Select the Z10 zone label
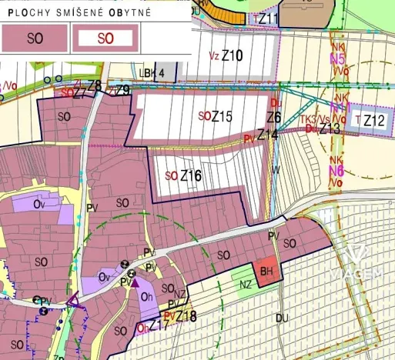[x=232, y=55]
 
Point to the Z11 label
[x=269, y=18]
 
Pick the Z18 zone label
[x=186, y=315]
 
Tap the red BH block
[x=267, y=272]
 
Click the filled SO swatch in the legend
[x=35, y=36]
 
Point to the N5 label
[x=336, y=58]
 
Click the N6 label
[x=336, y=171]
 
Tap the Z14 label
[x=268, y=135]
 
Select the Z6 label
[x=273, y=118]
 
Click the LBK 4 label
[x=153, y=73]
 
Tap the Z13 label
[x=330, y=128]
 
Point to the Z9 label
[x=123, y=91]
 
